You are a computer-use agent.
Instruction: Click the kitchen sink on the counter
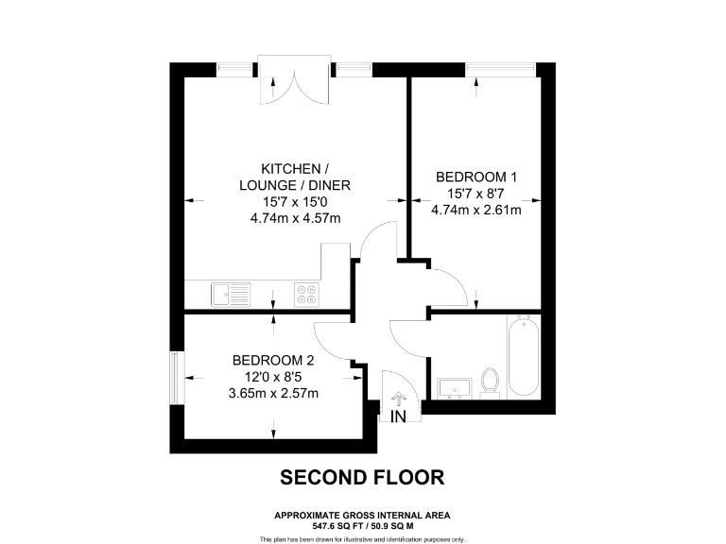[x=231, y=294]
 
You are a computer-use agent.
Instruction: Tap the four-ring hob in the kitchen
[x=306, y=294]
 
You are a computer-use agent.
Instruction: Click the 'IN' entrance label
[x=399, y=416]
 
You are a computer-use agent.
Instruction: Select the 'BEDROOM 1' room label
[x=475, y=177]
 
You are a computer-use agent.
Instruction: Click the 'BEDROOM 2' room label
[x=273, y=360]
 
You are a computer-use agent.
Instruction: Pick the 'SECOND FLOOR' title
[x=362, y=478]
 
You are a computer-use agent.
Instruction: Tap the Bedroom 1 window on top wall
[x=499, y=68]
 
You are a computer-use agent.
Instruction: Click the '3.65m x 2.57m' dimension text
[x=272, y=394]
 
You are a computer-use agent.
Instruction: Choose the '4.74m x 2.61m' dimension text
[x=475, y=210]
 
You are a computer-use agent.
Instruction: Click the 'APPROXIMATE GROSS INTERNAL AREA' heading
[x=362, y=514]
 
